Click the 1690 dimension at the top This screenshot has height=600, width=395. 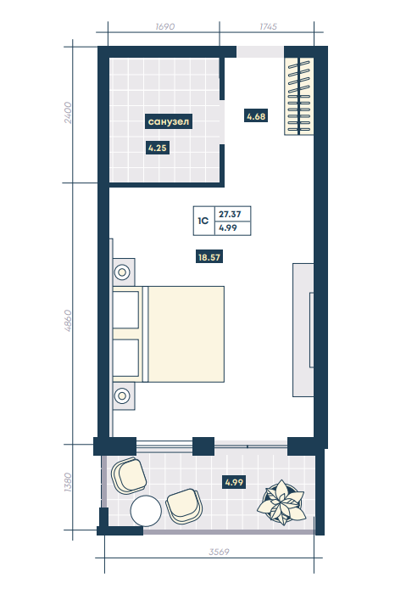pyautogui.click(x=165, y=26)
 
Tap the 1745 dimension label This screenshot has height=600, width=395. pyautogui.click(x=268, y=26)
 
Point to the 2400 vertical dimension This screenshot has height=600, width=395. pyautogui.click(x=68, y=113)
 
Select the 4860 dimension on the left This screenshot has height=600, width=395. pyautogui.click(x=68, y=321)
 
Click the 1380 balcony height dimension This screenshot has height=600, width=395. pyautogui.click(x=68, y=483)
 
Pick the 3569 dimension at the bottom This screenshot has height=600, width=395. pyautogui.click(x=219, y=552)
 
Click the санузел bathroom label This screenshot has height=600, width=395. pyautogui.click(x=169, y=121)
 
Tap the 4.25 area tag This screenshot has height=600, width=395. pyautogui.click(x=158, y=148)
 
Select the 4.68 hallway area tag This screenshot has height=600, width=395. pyautogui.click(x=256, y=116)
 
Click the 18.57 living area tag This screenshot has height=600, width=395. pyautogui.click(x=209, y=257)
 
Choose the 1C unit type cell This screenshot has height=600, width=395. pyautogui.click(x=204, y=221)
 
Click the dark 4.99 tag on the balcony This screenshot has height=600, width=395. pyautogui.click(x=234, y=482)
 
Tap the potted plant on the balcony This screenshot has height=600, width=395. pyautogui.click(x=282, y=502)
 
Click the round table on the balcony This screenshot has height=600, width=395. pyautogui.click(x=146, y=511)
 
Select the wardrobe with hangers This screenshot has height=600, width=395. pyautogui.click(x=299, y=96)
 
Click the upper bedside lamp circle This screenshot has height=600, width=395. pyautogui.click(x=122, y=272)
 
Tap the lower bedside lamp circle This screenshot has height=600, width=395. pyautogui.click(x=122, y=395)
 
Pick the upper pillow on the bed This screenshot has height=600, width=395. pyautogui.click(x=126, y=310)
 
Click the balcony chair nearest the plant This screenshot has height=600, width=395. pyautogui.click(x=185, y=507)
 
